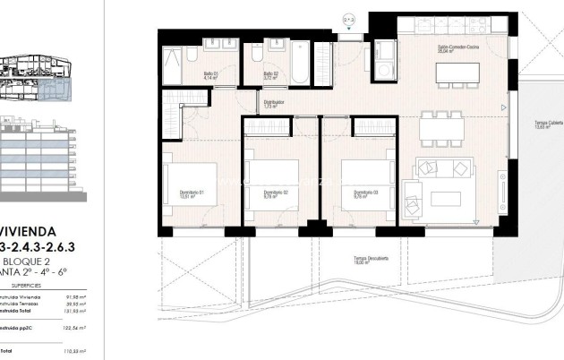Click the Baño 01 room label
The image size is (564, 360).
pyautogui.click(x=210, y=76)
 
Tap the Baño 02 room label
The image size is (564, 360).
pyautogui.click(x=269, y=76)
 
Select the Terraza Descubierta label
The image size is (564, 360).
pyautogui.click(x=371, y=261)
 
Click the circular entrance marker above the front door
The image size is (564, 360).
pyautogui.click(x=348, y=16)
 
